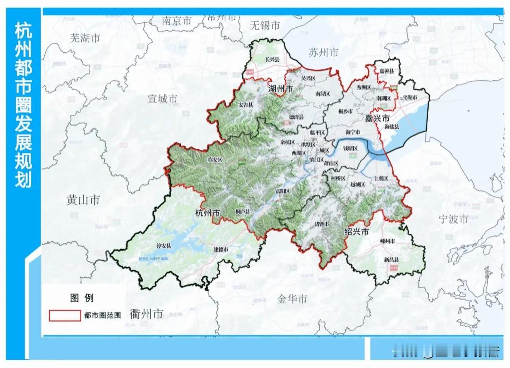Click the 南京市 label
[x=177, y=21]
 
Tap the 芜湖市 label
[x=85, y=38]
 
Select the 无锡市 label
[x=265, y=25]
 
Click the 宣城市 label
[x=162, y=99]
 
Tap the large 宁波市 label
[x=453, y=219]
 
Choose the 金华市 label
[x=292, y=299]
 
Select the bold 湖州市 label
[x=280, y=89]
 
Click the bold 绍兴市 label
[x=357, y=232]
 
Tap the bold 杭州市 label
[x=207, y=213]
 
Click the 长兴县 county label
[x=272, y=60]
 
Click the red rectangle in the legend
[x=65, y=315]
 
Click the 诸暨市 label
[x=321, y=224]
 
